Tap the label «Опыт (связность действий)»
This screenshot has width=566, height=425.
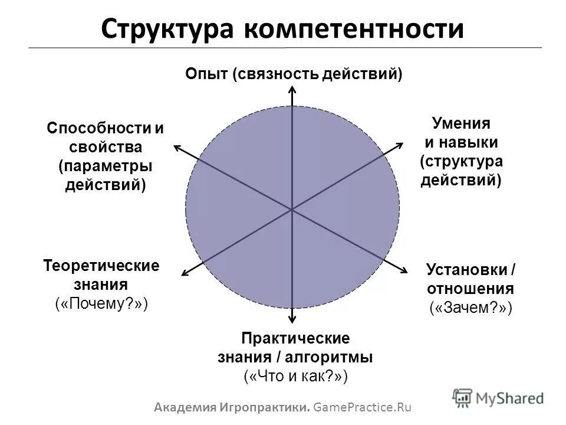(293, 74)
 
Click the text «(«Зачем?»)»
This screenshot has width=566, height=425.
(470, 308)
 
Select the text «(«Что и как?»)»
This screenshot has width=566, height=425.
(295, 376)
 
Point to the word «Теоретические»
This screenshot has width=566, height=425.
(101, 265)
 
